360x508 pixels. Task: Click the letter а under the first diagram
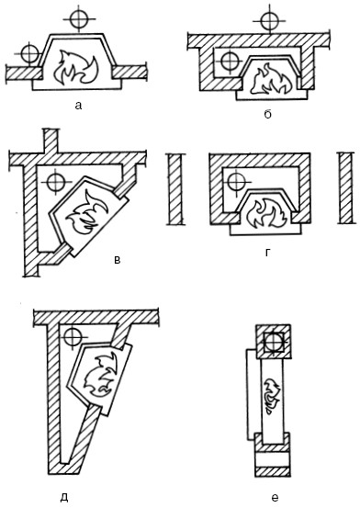[78, 106]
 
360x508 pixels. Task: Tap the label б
[267, 114]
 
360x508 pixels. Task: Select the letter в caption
[118, 259]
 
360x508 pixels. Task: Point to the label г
[267, 253]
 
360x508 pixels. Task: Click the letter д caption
[64, 497]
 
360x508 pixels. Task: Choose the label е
[275, 497]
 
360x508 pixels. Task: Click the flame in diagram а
[76, 68]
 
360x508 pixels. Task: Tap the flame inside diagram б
[272, 79]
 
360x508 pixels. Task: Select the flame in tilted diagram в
[86, 213]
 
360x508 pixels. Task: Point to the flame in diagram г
[266, 214]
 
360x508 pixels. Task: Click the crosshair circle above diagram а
[79, 19]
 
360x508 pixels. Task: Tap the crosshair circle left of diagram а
[29, 53]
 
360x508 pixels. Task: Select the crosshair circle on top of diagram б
[269, 21]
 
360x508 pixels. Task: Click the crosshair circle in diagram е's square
[274, 342]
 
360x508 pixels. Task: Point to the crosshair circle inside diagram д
[73, 337]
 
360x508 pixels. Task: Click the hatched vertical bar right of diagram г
[346, 188]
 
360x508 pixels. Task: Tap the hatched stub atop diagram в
[51, 140]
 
